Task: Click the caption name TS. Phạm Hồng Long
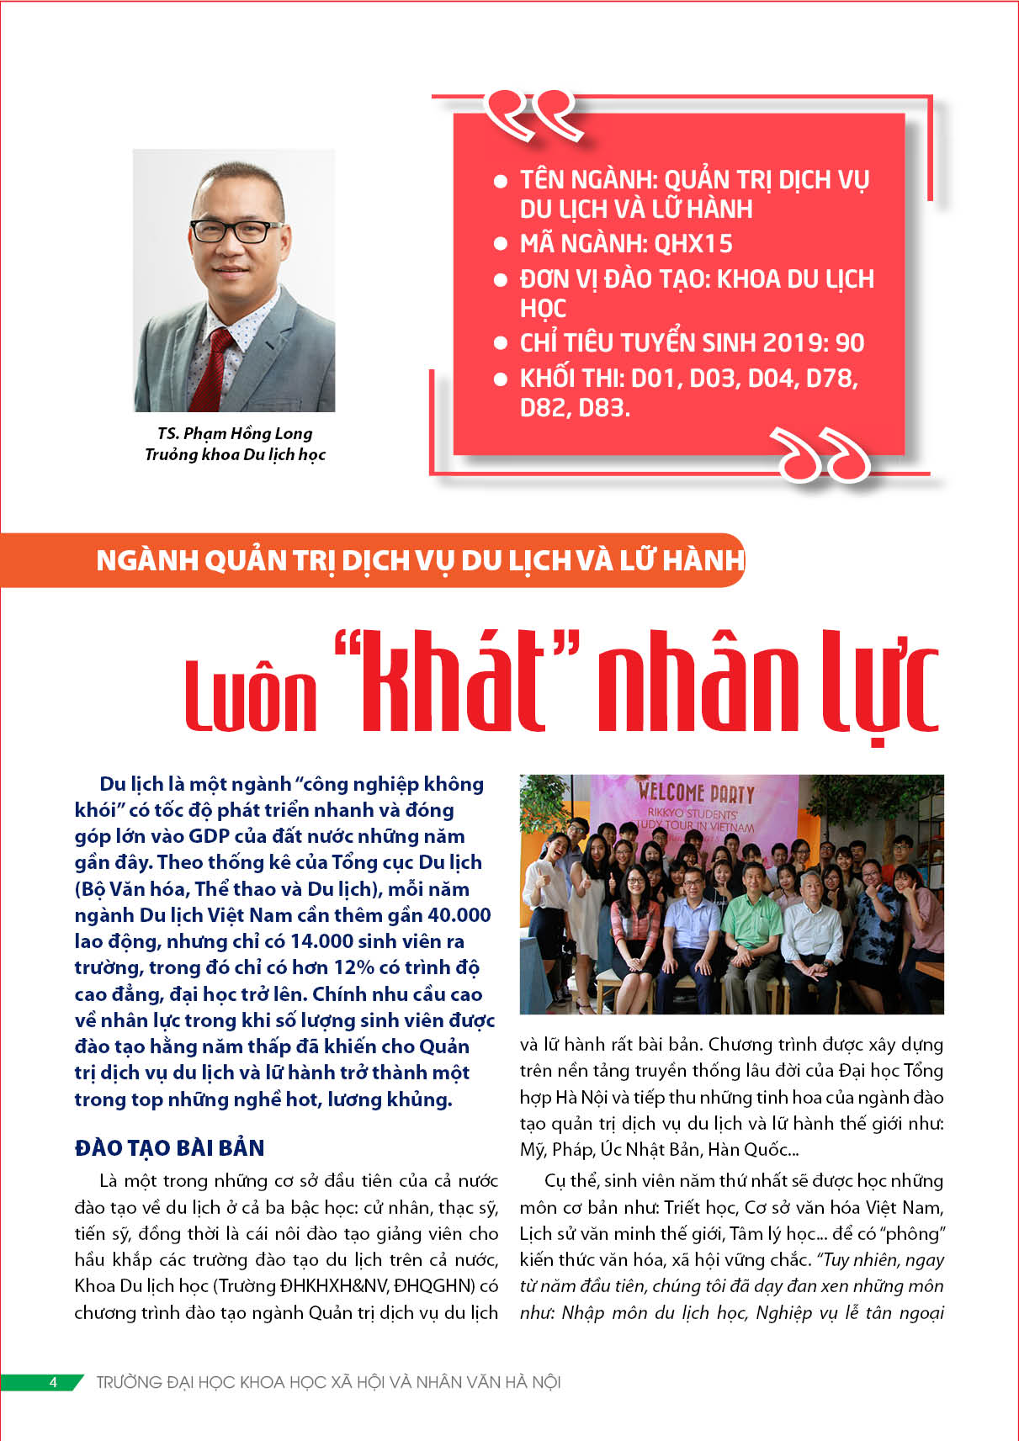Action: click(x=235, y=434)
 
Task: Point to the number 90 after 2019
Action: click(x=850, y=343)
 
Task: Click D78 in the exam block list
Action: click(x=828, y=379)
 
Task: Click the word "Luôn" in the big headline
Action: click(x=251, y=694)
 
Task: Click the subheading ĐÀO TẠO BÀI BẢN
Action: click(x=170, y=1148)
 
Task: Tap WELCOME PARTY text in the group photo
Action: click(x=696, y=792)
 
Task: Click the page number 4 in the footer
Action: click(x=52, y=1382)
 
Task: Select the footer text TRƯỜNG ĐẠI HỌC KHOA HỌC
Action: click(x=328, y=1382)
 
